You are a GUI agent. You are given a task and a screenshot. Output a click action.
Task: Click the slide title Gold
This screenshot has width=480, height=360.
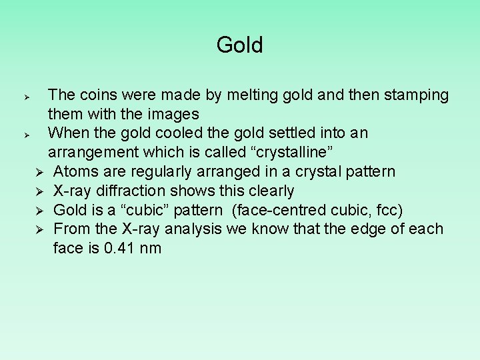240,45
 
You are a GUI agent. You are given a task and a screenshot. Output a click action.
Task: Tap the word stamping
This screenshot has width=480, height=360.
413,95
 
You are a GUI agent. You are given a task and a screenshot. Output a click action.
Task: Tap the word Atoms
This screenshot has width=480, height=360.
75,172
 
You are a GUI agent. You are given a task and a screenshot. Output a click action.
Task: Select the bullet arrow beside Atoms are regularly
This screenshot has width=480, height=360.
40,173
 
